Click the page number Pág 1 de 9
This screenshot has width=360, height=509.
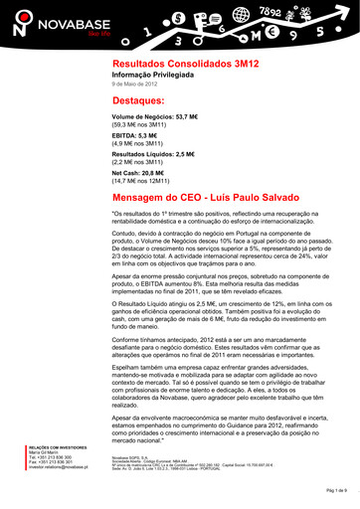coord(335,491)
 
